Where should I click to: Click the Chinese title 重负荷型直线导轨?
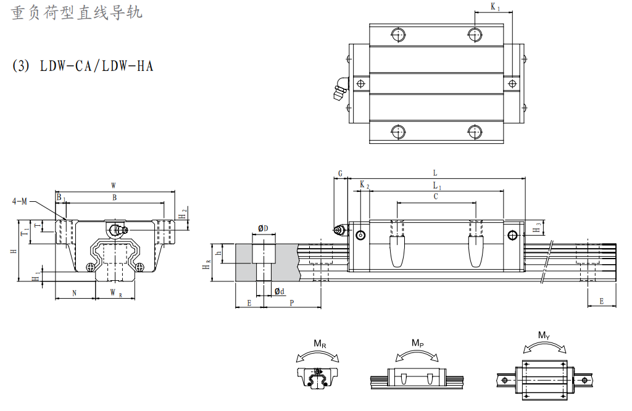coord(77,13)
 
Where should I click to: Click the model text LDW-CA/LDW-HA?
coord(96,65)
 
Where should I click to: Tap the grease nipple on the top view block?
coord(340,89)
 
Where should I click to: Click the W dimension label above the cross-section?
coord(113,185)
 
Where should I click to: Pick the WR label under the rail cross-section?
coord(115,293)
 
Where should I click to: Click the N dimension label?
coord(74,293)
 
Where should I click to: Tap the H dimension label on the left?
coord(13,252)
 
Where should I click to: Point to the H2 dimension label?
coord(183,214)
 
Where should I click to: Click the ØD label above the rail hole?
coord(263,228)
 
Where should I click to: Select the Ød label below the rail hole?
coord(280,291)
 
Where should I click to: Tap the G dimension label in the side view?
coord(340,173)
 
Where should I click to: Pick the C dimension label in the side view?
coord(436,197)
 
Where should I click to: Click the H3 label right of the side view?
coord(538,227)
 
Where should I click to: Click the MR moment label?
coord(320,344)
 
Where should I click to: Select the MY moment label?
coord(543,336)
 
